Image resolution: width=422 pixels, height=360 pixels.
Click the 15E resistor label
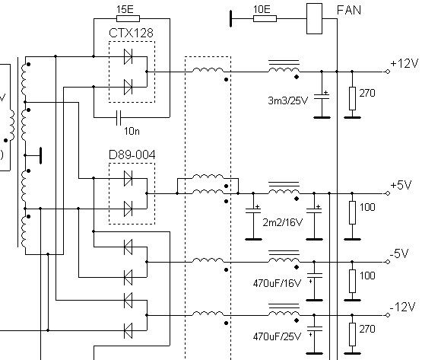[125, 10]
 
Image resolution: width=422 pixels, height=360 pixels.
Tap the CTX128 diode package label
[131, 33]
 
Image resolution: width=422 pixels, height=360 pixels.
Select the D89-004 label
[132, 155]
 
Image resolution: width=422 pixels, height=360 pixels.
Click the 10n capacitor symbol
[119, 118]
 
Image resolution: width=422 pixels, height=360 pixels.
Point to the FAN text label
[349, 10]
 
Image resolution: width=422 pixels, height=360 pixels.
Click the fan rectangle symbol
[314, 18]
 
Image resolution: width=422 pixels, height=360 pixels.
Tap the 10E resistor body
[265, 18]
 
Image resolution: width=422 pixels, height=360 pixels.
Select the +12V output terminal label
[405, 63]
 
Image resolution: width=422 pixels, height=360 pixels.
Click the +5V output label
[401, 185]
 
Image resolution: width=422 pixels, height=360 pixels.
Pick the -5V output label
[399, 253]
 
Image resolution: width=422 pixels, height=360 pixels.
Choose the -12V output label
[402, 307]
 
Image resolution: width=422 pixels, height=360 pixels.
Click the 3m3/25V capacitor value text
[287, 100]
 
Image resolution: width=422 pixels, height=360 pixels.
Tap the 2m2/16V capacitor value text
[282, 222]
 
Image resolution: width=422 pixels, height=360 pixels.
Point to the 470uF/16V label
[277, 283]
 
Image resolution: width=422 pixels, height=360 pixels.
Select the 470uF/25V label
[277, 336]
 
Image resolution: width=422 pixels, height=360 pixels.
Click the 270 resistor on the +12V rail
[352, 98]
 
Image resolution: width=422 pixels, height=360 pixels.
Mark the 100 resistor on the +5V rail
[352, 212]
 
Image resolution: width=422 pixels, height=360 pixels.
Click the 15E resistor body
[128, 18]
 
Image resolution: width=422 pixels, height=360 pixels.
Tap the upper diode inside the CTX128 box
[128, 56]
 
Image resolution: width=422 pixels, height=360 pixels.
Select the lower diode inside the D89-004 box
[128, 209]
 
